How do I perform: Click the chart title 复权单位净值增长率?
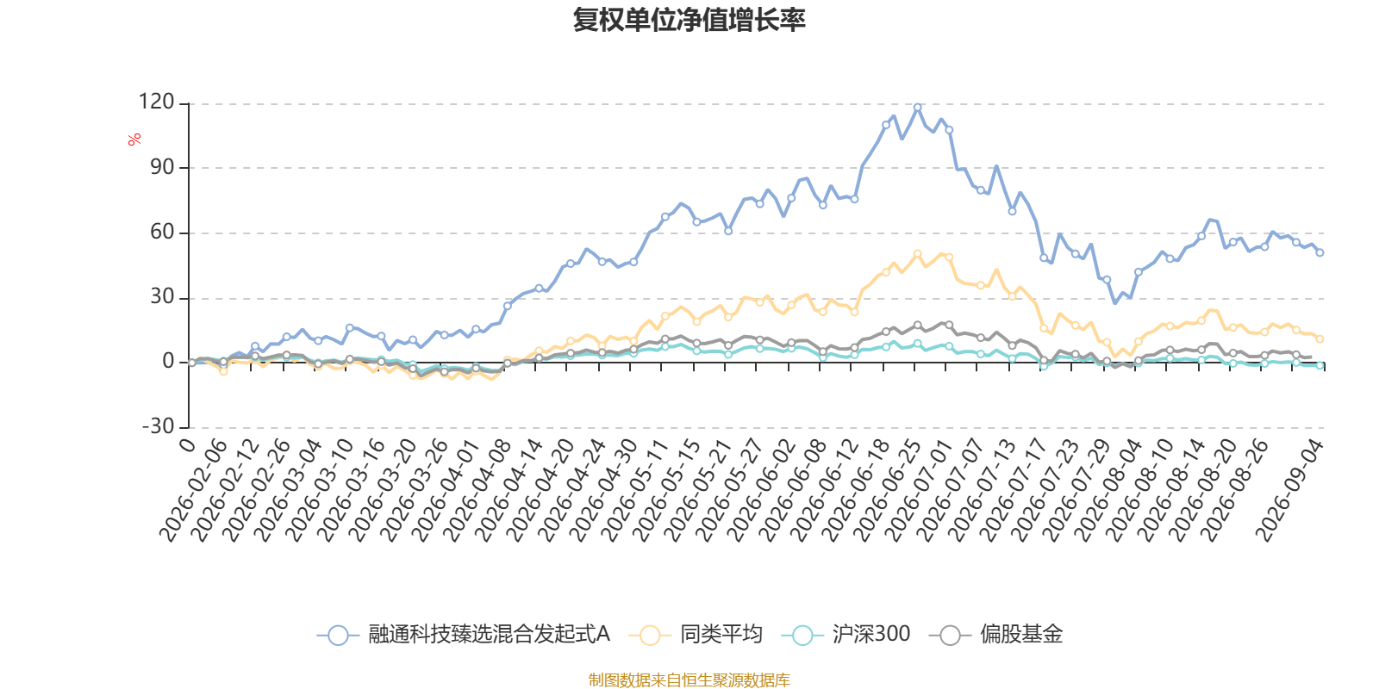pyautogui.click(x=689, y=20)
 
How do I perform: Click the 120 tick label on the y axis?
pyautogui.click(x=156, y=102)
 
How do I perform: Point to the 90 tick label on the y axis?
pyautogui.click(x=163, y=167)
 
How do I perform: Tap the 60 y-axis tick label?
pyautogui.click(x=163, y=232)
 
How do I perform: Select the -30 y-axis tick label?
pyautogui.click(x=159, y=425)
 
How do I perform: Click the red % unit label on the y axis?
pyautogui.click(x=134, y=140)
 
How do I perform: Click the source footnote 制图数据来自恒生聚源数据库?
pyautogui.click(x=689, y=680)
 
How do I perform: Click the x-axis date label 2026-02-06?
pyautogui.click(x=193, y=490)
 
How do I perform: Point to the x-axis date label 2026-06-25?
pyautogui.click(x=888, y=490)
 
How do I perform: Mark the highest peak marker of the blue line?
pyautogui.click(x=917, y=108)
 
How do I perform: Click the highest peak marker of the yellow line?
pyautogui.click(x=917, y=253)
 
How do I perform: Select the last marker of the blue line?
pyautogui.click(x=1320, y=253)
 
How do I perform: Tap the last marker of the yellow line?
pyautogui.click(x=1320, y=339)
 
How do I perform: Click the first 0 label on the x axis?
pyautogui.click(x=187, y=444)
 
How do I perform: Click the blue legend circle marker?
pyautogui.click(x=338, y=635)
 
